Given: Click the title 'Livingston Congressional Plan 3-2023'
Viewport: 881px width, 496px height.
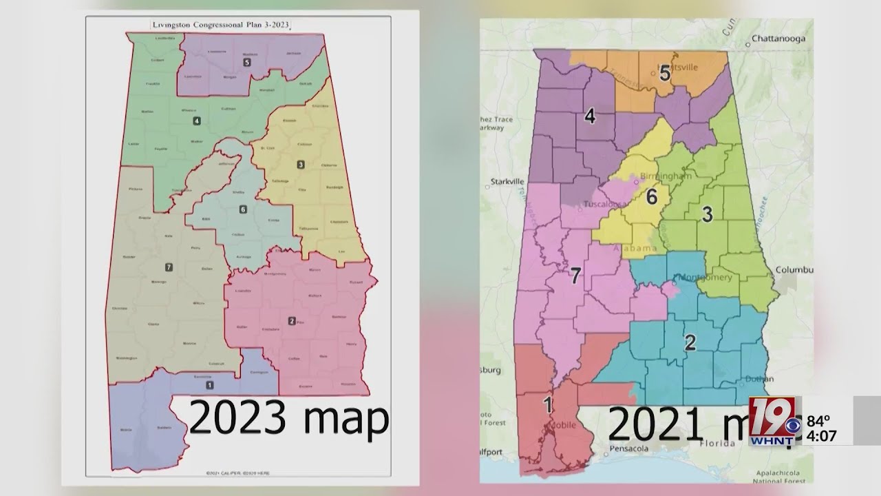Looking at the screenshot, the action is (x=222, y=25).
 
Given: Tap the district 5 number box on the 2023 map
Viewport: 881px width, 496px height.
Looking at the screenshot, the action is (x=246, y=62).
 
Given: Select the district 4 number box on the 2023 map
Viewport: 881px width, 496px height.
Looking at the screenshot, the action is (x=197, y=121).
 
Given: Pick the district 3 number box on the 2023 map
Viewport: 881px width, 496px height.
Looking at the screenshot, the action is (x=301, y=164).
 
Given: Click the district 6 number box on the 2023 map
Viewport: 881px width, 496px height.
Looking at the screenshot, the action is (x=242, y=209).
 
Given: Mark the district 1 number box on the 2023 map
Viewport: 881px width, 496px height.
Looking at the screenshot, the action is (x=209, y=384).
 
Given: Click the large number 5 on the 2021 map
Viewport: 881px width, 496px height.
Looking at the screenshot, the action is (x=665, y=73).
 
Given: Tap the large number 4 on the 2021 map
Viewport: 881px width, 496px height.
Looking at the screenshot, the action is (x=590, y=116).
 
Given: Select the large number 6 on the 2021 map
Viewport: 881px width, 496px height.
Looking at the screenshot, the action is (x=651, y=197).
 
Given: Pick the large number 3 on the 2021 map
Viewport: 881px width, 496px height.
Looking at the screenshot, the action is (x=707, y=214).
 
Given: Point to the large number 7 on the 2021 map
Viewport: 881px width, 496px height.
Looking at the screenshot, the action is (x=575, y=276).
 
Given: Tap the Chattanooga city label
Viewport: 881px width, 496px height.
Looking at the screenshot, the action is (x=779, y=39).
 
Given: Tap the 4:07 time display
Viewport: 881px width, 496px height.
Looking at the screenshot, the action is (x=822, y=435).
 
